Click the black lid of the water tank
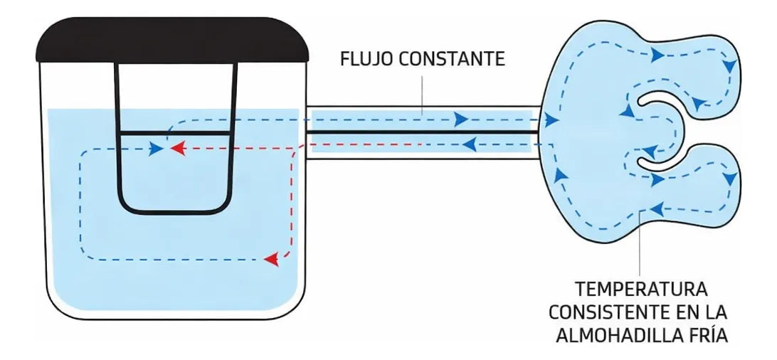(x=172, y=40)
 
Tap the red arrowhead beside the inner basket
(x=178, y=147)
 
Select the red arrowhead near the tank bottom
(x=271, y=258)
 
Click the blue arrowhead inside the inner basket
(x=156, y=148)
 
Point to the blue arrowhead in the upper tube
(x=461, y=119)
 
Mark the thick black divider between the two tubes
(x=422, y=132)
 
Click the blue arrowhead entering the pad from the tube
(x=551, y=120)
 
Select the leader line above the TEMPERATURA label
(x=640, y=243)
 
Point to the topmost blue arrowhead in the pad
(x=657, y=55)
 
